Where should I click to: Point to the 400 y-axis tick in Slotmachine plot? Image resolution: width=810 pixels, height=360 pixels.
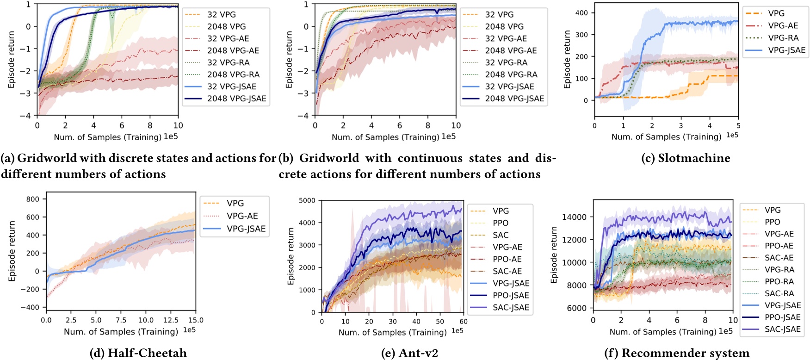click(581, 13)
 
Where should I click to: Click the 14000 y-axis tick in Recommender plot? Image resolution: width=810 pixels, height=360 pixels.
click(574, 217)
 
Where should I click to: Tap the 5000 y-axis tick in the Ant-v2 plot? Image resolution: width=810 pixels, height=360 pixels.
click(307, 200)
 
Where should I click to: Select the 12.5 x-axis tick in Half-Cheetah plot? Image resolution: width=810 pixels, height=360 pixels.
click(171, 320)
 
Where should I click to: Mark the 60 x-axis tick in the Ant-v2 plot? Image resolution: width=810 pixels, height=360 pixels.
click(464, 322)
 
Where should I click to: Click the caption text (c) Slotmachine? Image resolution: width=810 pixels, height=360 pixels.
click(686, 158)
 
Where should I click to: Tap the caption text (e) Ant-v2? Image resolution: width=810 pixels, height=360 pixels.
click(409, 353)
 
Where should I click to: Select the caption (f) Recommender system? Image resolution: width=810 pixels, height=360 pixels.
click(677, 353)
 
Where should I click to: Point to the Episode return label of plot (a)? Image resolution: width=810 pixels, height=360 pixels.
click(12, 60)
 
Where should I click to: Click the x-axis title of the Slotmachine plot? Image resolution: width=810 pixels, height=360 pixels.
click(666, 137)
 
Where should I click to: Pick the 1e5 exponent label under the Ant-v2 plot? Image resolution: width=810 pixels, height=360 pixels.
click(457, 331)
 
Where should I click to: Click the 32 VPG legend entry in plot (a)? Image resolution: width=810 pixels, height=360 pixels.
click(221, 14)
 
